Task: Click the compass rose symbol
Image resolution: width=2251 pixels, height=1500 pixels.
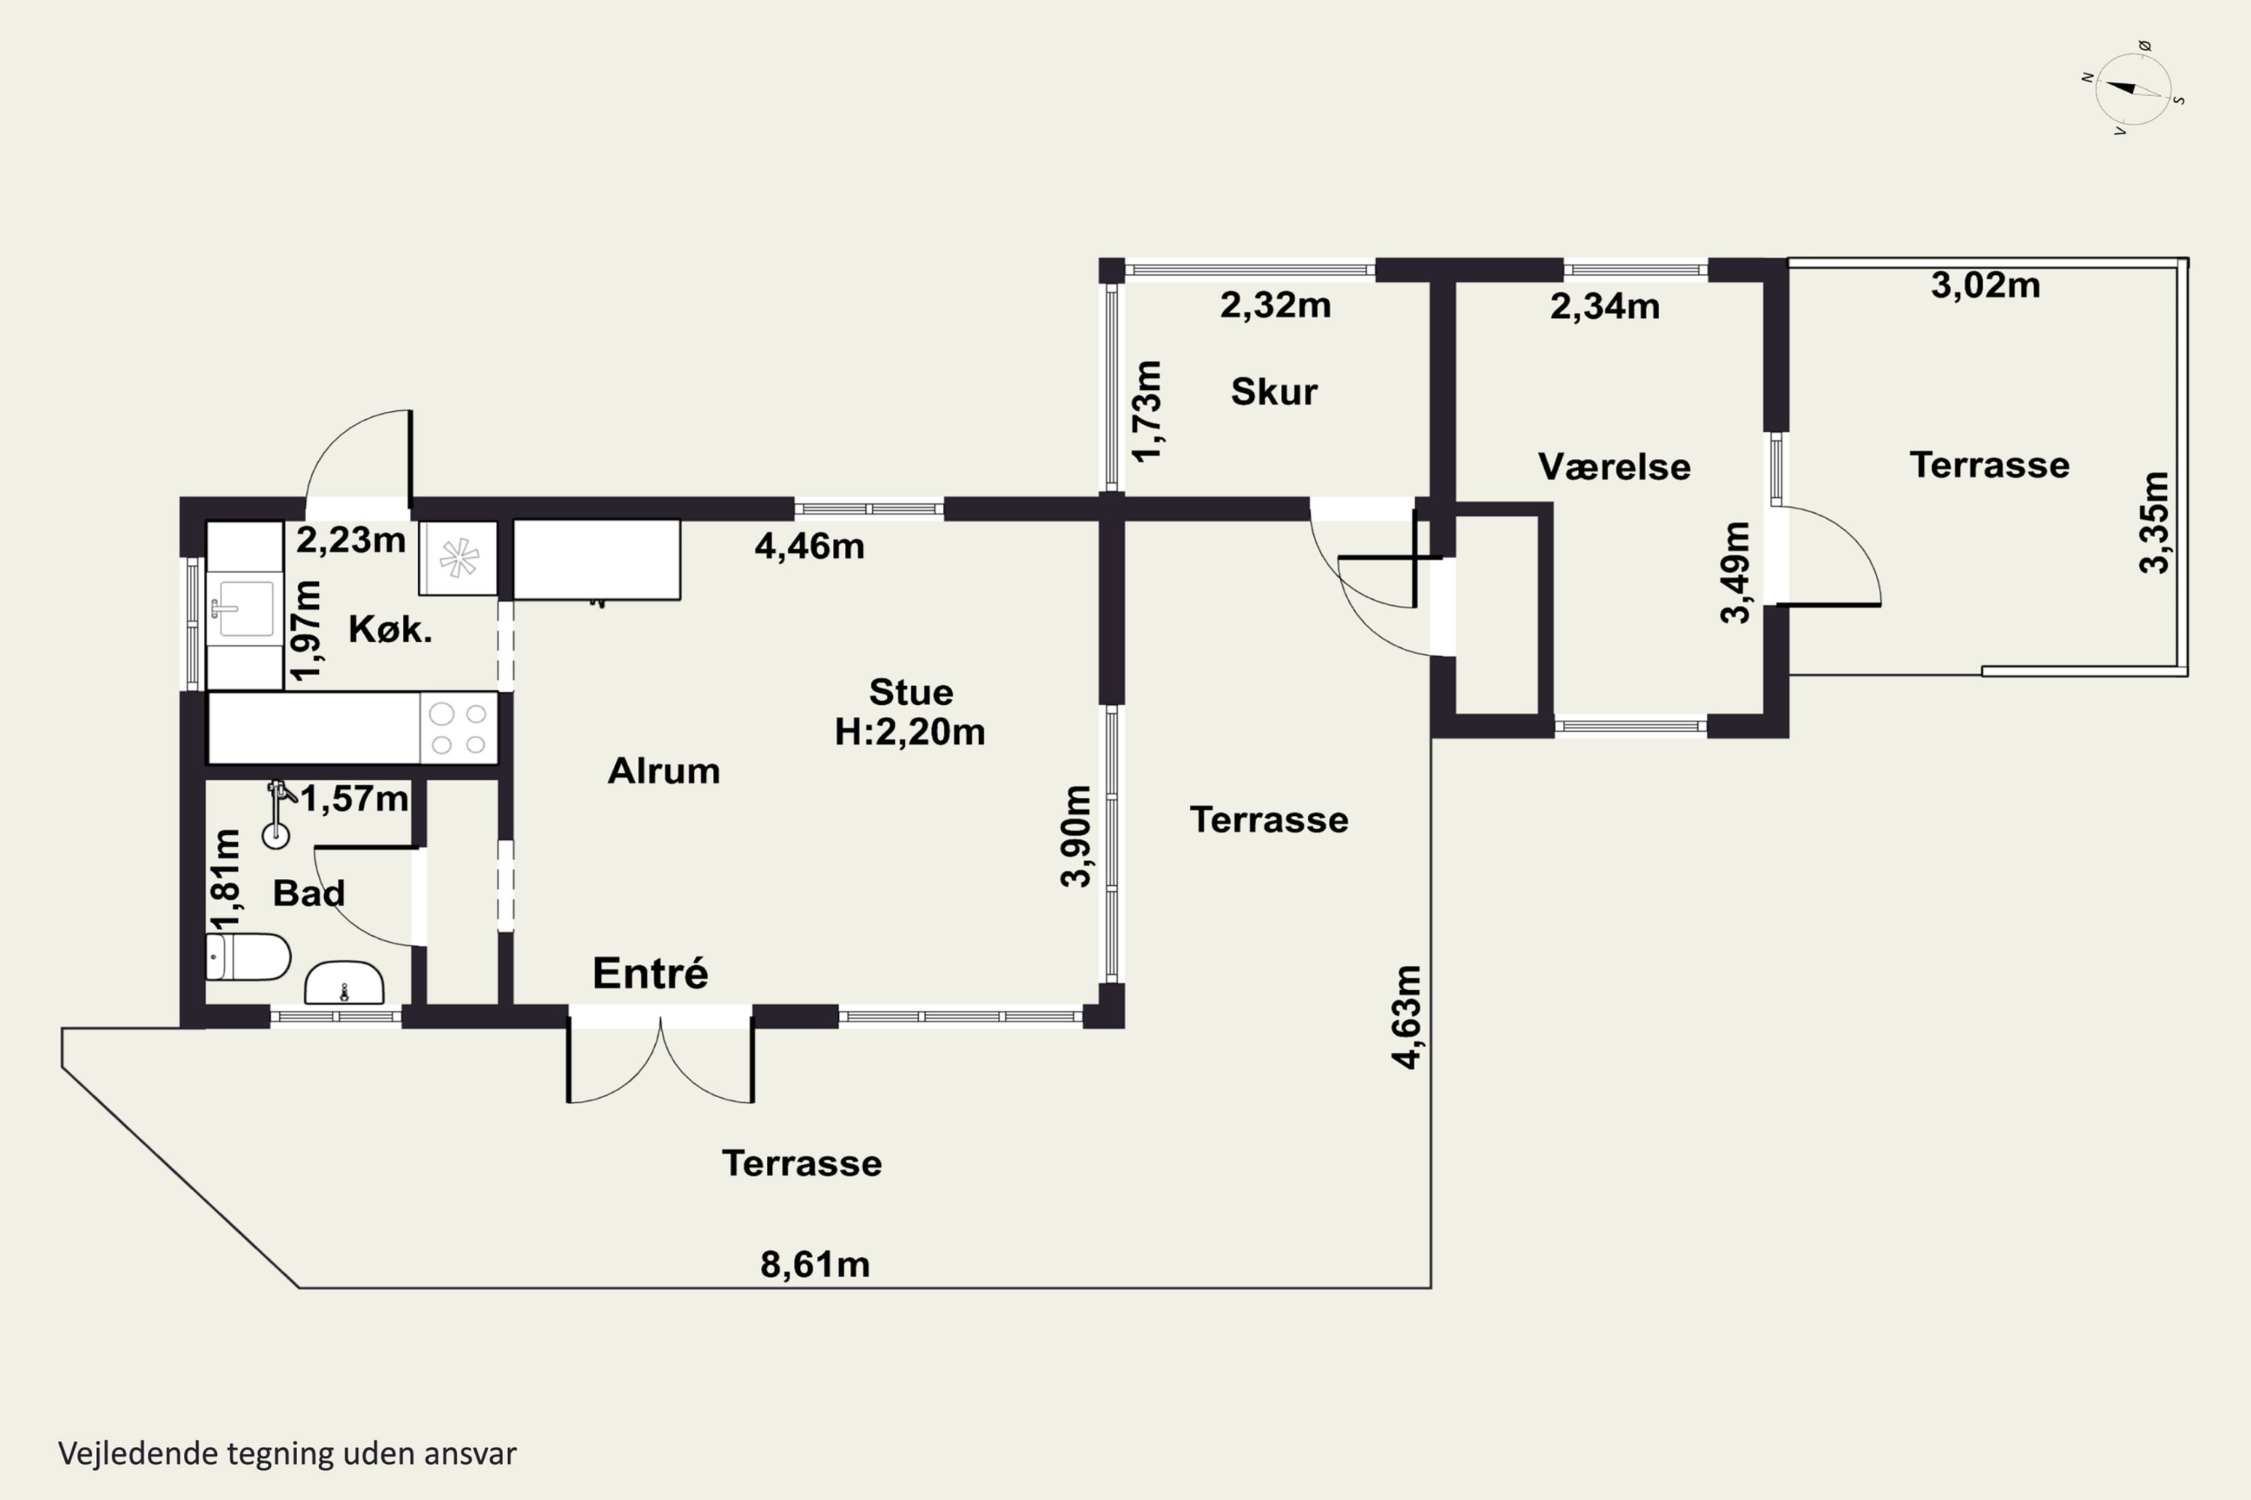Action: pyautogui.click(x=2133, y=89)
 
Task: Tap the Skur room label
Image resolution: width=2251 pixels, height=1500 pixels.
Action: pyautogui.click(x=1274, y=391)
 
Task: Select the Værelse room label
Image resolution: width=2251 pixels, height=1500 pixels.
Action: pyautogui.click(x=1614, y=466)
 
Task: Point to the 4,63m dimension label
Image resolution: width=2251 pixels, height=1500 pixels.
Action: pyautogui.click(x=1407, y=1017)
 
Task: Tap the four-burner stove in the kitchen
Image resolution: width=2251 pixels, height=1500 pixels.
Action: pyautogui.click(x=458, y=728)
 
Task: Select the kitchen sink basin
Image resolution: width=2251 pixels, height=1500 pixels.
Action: pyautogui.click(x=245, y=607)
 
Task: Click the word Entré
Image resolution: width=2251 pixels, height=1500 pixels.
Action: pyautogui.click(x=650, y=973)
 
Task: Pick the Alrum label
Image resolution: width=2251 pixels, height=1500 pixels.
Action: pyautogui.click(x=663, y=771)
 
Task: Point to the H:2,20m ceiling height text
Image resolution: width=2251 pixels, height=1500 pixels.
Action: pyautogui.click(x=909, y=732)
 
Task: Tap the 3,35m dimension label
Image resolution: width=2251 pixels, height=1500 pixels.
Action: pyautogui.click(x=2153, y=522)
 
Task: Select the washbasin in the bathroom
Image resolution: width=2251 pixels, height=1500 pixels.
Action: pyautogui.click(x=344, y=983)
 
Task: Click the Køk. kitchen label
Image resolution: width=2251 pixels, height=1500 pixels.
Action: pyautogui.click(x=389, y=628)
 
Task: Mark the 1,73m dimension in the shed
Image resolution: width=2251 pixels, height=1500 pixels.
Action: pyautogui.click(x=1147, y=411)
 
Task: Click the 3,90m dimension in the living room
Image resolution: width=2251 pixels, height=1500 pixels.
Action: pyautogui.click(x=1076, y=837)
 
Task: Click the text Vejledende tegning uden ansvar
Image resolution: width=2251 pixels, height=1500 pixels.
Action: pyautogui.click(x=287, y=1453)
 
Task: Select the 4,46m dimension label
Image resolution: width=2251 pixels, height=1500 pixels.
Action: pyautogui.click(x=810, y=546)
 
